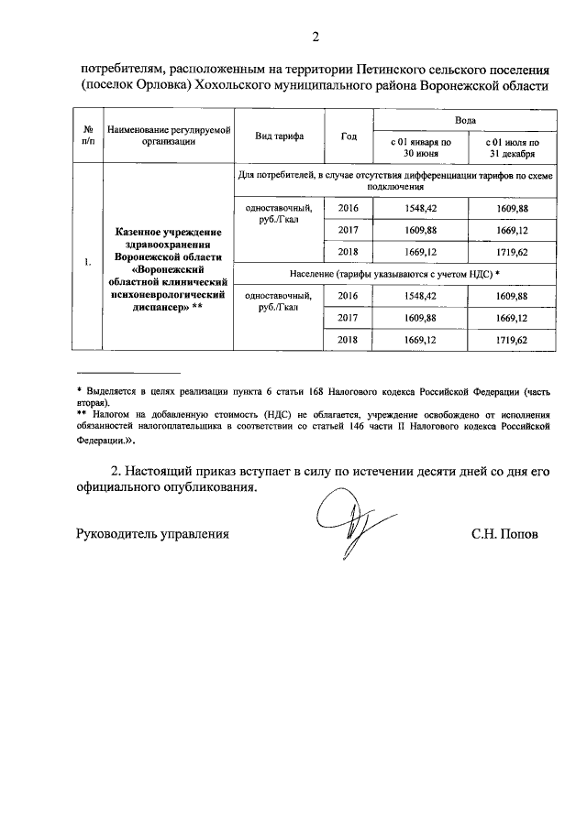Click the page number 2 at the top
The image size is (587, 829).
click(315, 38)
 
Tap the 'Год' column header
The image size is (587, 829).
click(348, 136)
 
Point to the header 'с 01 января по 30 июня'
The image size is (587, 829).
click(420, 148)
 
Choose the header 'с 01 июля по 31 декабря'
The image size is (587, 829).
click(511, 148)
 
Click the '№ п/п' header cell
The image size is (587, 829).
click(87, 136)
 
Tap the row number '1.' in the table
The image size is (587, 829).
click(87, 265)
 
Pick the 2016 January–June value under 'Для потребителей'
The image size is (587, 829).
click(420, 208)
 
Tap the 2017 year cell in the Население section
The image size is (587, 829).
click(348, 318)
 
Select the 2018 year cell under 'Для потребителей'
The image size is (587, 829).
click(348, 252)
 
